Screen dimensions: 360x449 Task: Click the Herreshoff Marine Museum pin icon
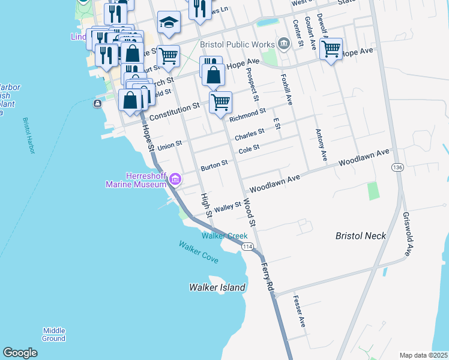pos(175,179)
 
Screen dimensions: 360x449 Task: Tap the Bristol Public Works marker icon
pos(284,43)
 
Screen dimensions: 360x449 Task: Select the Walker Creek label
pos(224,236)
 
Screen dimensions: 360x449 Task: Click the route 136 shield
pos(397,166)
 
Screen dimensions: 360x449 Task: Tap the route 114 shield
pos(247,247)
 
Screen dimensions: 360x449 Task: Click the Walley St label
pos(228,207)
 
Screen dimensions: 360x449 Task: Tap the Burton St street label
pos(214,164)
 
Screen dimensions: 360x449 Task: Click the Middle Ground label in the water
pos(54,334)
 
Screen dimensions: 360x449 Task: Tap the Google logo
pos(20,353)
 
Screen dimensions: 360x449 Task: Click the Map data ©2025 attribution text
pos(423,355)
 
